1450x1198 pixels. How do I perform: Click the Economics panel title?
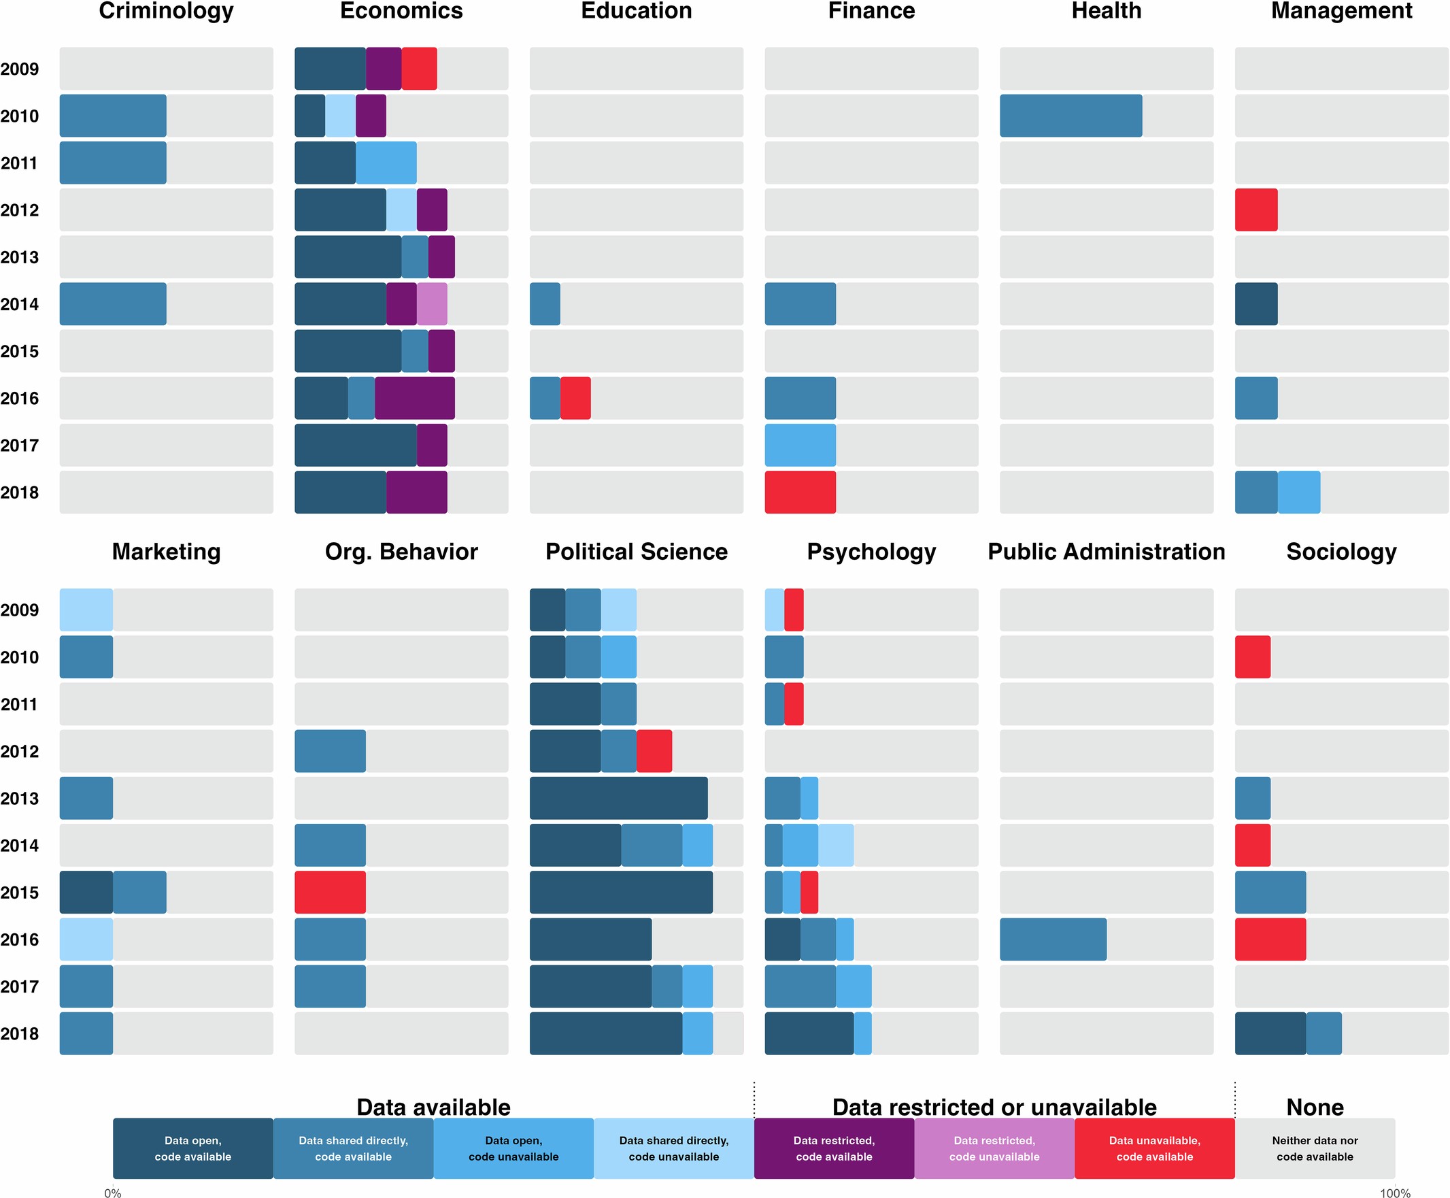coord(401,11)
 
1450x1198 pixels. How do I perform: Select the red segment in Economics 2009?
coord(419,68)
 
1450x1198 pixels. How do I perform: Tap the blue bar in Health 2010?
coord(1070,115)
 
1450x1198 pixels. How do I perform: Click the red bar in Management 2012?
coord(1255,210)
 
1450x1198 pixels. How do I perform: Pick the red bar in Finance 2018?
coord(800,492)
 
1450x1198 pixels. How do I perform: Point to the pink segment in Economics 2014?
coord(432,303)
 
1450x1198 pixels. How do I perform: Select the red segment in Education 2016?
coord(575,397)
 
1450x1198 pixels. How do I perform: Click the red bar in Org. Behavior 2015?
coord(330,892)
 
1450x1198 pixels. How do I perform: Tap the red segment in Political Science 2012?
coord(654,751)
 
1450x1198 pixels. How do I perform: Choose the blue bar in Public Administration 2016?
coord(1053,939)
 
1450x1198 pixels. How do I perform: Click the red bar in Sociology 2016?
coord(1269,939)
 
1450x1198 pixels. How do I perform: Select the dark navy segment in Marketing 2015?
coord(86,892)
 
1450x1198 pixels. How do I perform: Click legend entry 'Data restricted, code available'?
coord(833,1148)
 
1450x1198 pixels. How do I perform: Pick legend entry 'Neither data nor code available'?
coord(1314,1148)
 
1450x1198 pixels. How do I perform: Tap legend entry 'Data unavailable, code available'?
coord(1154,1148)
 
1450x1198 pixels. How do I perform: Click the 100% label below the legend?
coord(1394,1193)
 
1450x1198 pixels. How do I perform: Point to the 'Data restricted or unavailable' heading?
coord(994,1107)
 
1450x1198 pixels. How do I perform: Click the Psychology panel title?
coord(871,552)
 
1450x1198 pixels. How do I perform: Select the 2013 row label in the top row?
coord(19,256)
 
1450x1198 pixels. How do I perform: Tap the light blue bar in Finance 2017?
coord(800,445)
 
